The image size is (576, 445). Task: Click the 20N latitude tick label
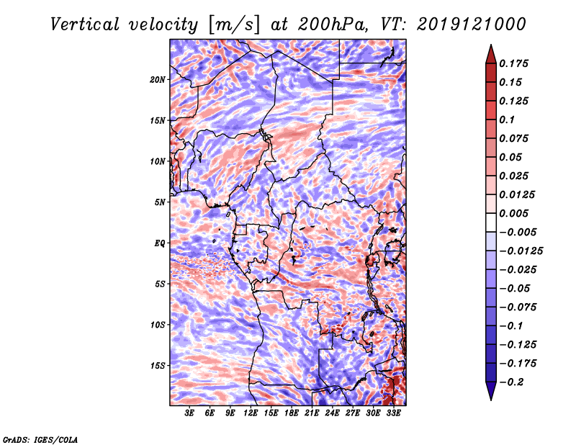tap(158, 79)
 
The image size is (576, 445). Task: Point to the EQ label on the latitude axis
tap(160, 243)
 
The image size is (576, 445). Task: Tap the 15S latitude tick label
tap(158, 365)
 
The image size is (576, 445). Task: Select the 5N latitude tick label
tap(160, 202)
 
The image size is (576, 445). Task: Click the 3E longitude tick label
tap(190, 413)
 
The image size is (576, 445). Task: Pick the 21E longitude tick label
tap(312, 413)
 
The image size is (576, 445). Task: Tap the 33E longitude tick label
tap(393, 413)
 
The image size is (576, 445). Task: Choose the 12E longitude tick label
tap(251, 413)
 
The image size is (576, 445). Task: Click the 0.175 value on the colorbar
tap(515, 63)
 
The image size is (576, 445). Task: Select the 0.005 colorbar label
tap(515, 213)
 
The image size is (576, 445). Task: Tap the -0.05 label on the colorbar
tap(514, 288)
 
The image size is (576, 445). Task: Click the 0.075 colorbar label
tap(515, 138)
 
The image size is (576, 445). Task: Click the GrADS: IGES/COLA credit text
tap(40, 438)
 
